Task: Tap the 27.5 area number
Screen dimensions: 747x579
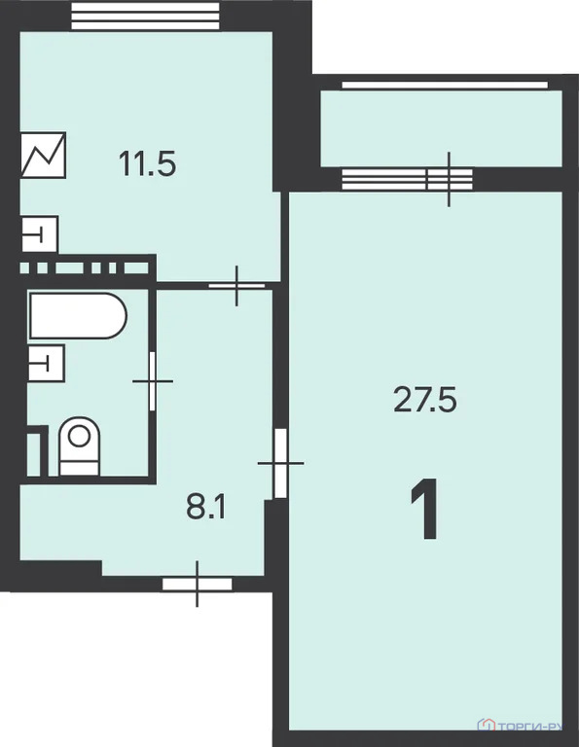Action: pos(425,399)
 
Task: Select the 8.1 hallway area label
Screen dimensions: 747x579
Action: pos(206,506)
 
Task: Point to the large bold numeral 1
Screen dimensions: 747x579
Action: pos(424,512)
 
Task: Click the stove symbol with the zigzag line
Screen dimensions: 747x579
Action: pos(44,156)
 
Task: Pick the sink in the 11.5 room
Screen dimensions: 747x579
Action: pos(40,234)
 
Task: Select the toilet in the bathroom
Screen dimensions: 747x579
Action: pos(79,446)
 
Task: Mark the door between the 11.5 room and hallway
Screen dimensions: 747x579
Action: pos(237,285)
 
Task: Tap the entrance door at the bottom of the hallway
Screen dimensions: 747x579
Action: pos(198,584)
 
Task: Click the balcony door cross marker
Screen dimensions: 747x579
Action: pos(449,179)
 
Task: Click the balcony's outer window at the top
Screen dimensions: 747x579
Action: pos(440,85)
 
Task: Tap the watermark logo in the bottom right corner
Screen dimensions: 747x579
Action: pos(525,726)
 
